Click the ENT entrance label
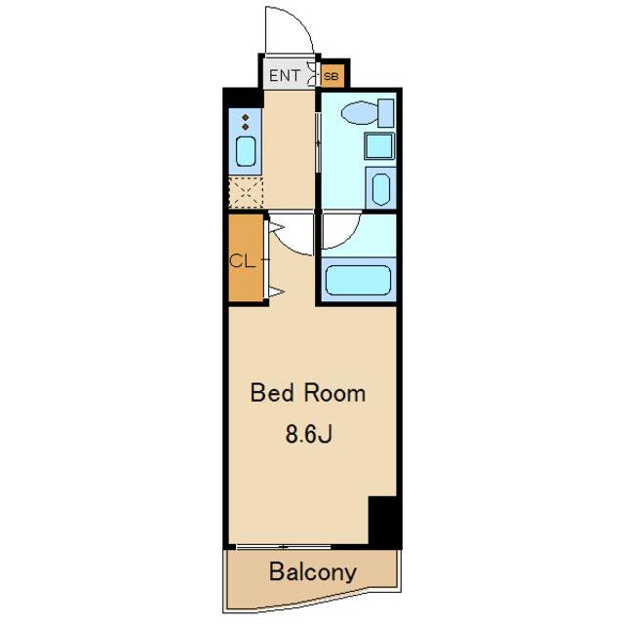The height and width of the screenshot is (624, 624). click(x=284, y=75)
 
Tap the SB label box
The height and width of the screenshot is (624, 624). click(x=331, y=76)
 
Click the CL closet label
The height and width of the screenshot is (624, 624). click(x=242, y=261)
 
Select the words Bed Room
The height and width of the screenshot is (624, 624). click(x=308, y=393)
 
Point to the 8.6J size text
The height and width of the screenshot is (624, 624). click(x=308, y=434)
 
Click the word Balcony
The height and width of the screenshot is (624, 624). click(x=312, y=572)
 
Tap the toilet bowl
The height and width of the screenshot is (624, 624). click(x=360, y=112)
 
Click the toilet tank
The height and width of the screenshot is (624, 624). click(x=386, y=113)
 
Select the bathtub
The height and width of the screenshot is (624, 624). click(x=358, y=280)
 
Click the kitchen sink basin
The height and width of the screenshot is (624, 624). click(x=246, y=151)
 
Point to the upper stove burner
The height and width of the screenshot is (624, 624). click(x=246, y=117)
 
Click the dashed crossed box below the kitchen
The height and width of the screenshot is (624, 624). click(x=246, y=193)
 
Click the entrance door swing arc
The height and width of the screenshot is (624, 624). click(x=301, y=20)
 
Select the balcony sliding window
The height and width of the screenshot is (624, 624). click(x=284, y=547)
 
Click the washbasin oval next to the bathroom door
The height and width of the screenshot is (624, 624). click(x=381, y=188)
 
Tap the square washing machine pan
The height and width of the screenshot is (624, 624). click(x=379, y=146)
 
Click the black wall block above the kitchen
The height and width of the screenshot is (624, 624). click(x=243, y=97)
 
